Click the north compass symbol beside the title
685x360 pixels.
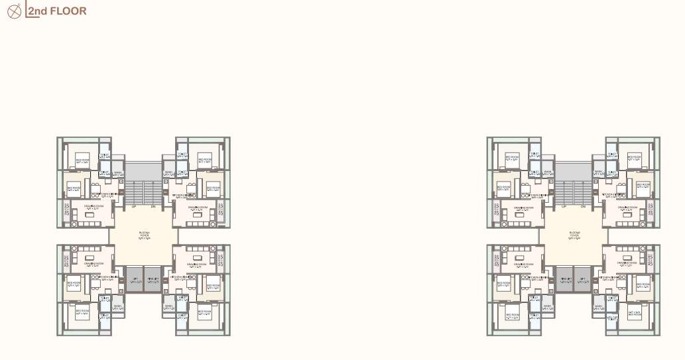[13, 11]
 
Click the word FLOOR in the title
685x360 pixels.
[71, 11]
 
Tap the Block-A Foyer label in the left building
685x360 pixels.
[144, 235]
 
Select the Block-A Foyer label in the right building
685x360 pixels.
[574, 235]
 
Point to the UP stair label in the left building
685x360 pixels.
[134, 207]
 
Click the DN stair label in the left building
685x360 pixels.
[153, 207]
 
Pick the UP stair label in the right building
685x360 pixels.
[564, 207]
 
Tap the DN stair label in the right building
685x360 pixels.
[584, 207]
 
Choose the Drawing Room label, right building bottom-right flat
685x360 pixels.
[624, 263]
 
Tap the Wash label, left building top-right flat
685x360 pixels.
[169, 174]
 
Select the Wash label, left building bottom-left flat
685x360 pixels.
[117, 306]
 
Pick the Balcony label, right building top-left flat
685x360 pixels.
[496, 211]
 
